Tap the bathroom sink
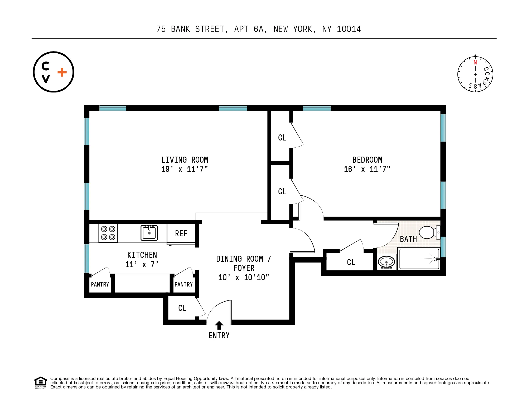click(386, 262)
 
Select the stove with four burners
click(108, 233)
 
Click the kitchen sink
click(149, 233)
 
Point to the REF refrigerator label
click(181, 233)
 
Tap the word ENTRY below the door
click(219, 336)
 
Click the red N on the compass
click(475, 63)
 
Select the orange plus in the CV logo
click(62, 72)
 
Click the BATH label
click(408, 239)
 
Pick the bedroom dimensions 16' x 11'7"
click(367, 169)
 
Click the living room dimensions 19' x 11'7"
click(185, 169)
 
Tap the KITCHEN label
click(142, 255)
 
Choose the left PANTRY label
click(100, 284)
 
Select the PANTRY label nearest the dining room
click(183, 284)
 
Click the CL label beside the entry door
click(182, 308)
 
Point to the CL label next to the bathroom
click(351, 262)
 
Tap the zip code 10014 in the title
click(349, 29)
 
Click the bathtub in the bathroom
click(419, 259)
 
